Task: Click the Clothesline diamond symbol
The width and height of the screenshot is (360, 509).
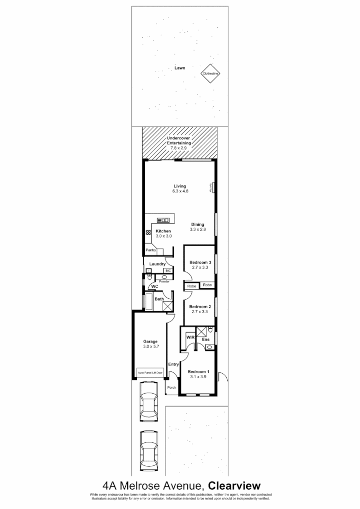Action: pos(210,74)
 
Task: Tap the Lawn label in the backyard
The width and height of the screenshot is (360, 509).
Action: pos(180,68)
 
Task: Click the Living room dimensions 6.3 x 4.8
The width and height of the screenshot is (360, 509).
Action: pos(180,191)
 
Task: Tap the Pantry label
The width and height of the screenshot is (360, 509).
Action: pos(151,250)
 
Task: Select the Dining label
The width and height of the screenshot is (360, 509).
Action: pos(197,224)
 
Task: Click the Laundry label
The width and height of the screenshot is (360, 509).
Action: pos(157,264)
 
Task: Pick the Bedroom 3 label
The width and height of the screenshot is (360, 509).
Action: pos(200,262)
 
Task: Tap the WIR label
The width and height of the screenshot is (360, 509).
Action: pos(190,338)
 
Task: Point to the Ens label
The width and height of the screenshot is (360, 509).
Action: pos(205,339)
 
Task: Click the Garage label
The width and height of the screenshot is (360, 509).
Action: pos(151,341)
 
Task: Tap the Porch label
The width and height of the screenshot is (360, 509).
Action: pos(172,388)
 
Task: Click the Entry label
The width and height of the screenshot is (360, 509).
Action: pos(174,364)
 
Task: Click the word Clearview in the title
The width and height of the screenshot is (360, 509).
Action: pos(234,485)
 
